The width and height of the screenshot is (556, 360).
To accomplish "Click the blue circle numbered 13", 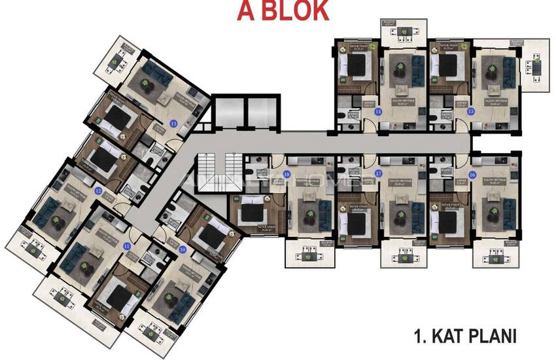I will [173, 122].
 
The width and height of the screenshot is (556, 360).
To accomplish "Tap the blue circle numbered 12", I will [98, 191].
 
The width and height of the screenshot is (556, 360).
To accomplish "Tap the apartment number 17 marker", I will [379, 173].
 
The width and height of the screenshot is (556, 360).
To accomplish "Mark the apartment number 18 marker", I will [287, 174].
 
